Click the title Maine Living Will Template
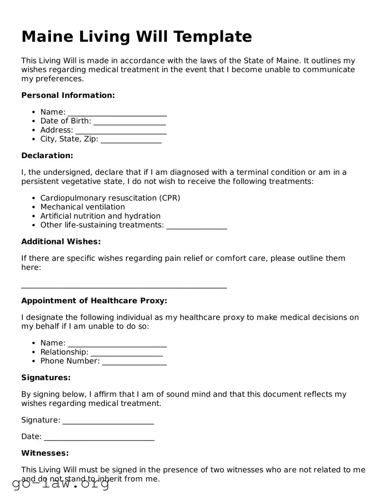pos(137,36)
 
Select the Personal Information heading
pos(68,95)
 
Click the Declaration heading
pos(47,155)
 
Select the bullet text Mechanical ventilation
pos(83,207)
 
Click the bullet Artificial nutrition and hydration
pos(100,216)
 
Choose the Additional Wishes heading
pos(61,242)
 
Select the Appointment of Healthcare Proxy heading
pos(94,301)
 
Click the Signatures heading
pos(46,377)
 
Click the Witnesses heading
pos(45,453)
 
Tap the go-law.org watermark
pos(61,484)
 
